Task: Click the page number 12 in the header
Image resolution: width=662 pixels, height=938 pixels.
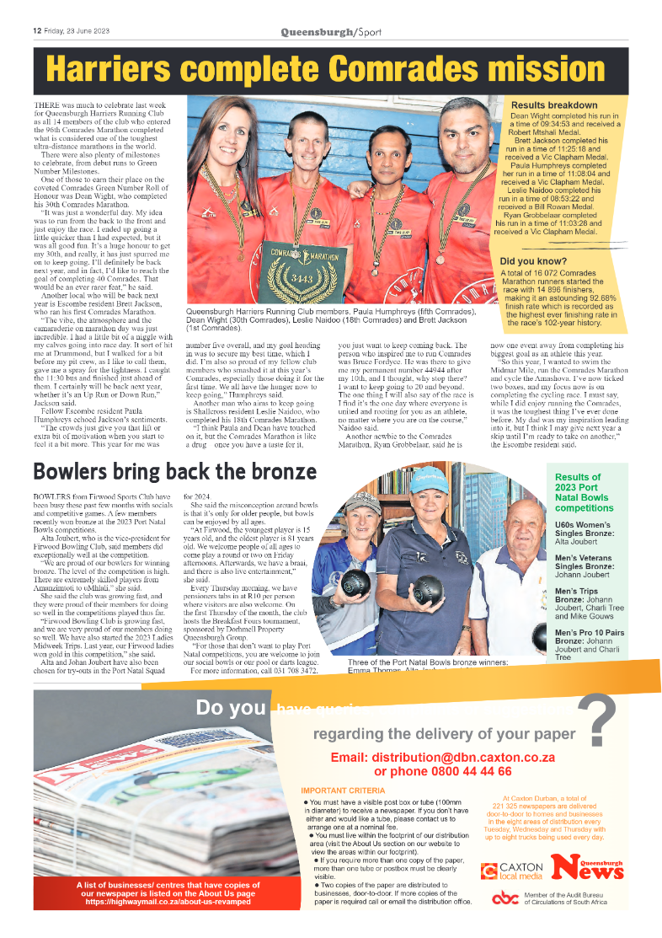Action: pyautogui.click(x=37, y=32)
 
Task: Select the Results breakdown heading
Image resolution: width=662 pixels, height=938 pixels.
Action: pyautogui.click(x=554, y=105)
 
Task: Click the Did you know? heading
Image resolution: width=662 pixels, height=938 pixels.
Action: pyautogui.click(x=533, y=261)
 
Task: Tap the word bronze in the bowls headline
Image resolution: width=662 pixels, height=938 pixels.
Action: pyautogui.click(x=266, y=470)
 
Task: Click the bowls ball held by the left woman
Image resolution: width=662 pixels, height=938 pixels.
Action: pyautogui.click(x=355, y=582)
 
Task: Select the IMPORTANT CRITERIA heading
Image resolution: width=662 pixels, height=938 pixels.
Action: pyautogui.click(x=343, y=791)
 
